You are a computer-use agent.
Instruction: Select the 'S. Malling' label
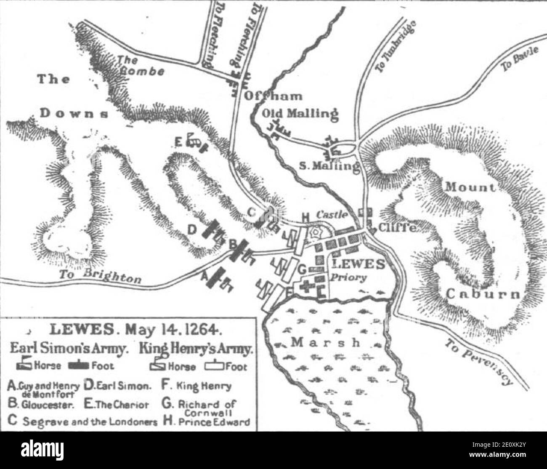(329, 165)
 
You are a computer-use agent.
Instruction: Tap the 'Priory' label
(349, 277)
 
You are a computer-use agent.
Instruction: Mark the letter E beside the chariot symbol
(179, 143)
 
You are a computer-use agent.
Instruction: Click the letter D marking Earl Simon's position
(191, 230)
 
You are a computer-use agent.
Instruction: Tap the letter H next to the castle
(305, 216)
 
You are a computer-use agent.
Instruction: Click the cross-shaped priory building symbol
(306, 288)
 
